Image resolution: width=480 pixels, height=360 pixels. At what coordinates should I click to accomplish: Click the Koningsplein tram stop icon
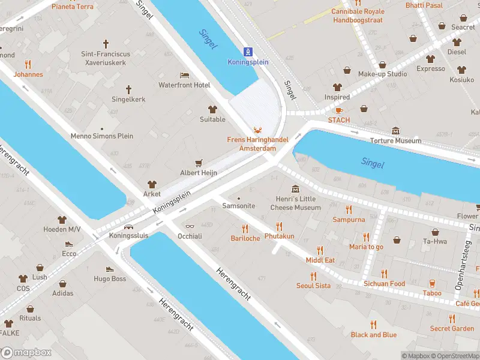[x=248, y=52]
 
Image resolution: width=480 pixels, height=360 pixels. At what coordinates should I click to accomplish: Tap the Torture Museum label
[x=395, y=141]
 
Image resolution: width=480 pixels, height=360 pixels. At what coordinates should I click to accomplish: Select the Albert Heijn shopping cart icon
[x=199, y=163]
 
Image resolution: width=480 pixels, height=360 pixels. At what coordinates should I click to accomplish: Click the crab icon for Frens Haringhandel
[x=257, y=130]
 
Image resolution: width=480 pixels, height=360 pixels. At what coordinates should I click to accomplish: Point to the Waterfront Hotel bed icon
[x=184, y=75]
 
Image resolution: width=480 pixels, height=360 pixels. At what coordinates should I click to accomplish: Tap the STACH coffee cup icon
[x=338, y=110]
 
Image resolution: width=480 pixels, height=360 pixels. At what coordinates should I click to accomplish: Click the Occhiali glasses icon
[x=190, y=227]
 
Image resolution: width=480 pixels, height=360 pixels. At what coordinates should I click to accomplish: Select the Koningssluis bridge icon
[x=128, y=227]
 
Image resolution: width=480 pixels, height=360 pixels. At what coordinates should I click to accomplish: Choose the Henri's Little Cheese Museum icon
[x=295, y=190]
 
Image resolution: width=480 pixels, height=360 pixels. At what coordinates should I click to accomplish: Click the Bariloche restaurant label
[x=245, y=238]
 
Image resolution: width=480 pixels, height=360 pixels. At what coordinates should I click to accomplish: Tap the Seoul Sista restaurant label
[x=313, y=286]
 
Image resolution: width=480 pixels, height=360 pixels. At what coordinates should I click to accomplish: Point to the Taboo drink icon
[x=431, y=283]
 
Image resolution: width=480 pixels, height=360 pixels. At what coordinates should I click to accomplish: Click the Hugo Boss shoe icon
[x=110, y=269]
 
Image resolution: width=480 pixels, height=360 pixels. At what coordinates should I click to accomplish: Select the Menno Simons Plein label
[x=102, y=136]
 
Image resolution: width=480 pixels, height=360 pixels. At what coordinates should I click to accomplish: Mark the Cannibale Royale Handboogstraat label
[x=358, y=15]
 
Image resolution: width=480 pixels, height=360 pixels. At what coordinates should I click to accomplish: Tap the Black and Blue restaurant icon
[x=373, y=325]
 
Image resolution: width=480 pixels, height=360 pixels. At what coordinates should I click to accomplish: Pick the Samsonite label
[x=239, y=206]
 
